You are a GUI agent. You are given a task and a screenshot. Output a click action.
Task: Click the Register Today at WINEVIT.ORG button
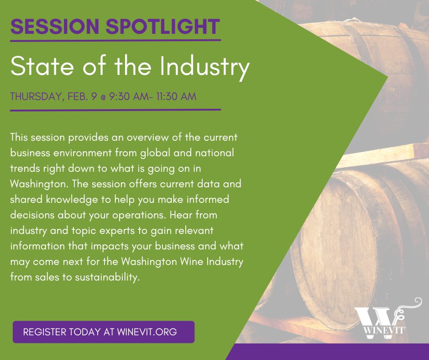pyautogui.click(x=104, y=332)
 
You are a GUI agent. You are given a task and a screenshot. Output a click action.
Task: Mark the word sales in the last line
pyautogui.click(x=44, y=277)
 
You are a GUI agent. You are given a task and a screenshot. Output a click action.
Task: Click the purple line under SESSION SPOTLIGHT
pyautogui.click(x=115, y=41)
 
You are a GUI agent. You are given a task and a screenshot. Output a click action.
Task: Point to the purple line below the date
pyautogui.click(x=115, y=110)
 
